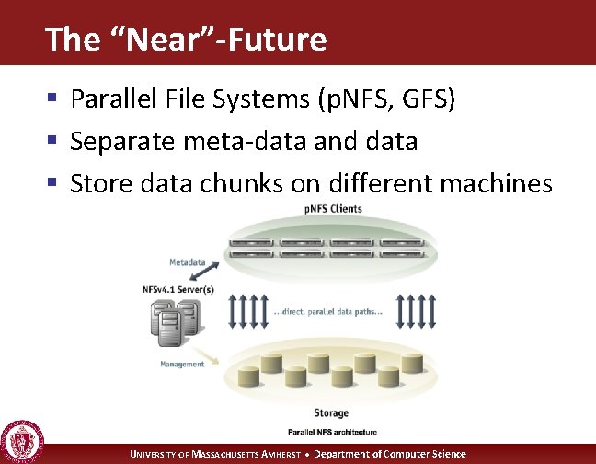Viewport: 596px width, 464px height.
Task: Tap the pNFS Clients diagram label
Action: [x=334, y=209]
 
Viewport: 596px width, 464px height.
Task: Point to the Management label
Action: [x=182, y=364]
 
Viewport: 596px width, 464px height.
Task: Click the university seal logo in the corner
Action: [x=21, y=441]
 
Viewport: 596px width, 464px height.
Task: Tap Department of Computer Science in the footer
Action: [x=392, y=454]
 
